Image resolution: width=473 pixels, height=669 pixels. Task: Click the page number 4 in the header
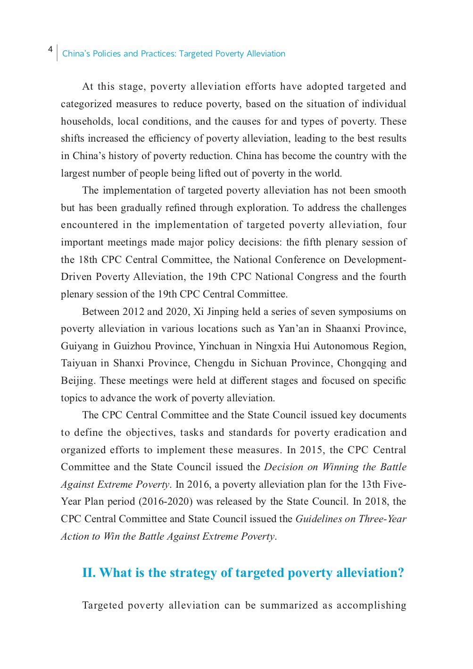(50, 50)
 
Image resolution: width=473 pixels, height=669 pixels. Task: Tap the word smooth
(390, 190)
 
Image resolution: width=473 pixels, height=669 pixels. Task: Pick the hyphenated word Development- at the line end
(375, 260)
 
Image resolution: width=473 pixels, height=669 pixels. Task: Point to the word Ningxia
(273, 346)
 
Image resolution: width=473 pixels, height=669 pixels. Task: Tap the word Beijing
(78, 381)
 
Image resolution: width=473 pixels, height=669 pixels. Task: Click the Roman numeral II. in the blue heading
(89, 573)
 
